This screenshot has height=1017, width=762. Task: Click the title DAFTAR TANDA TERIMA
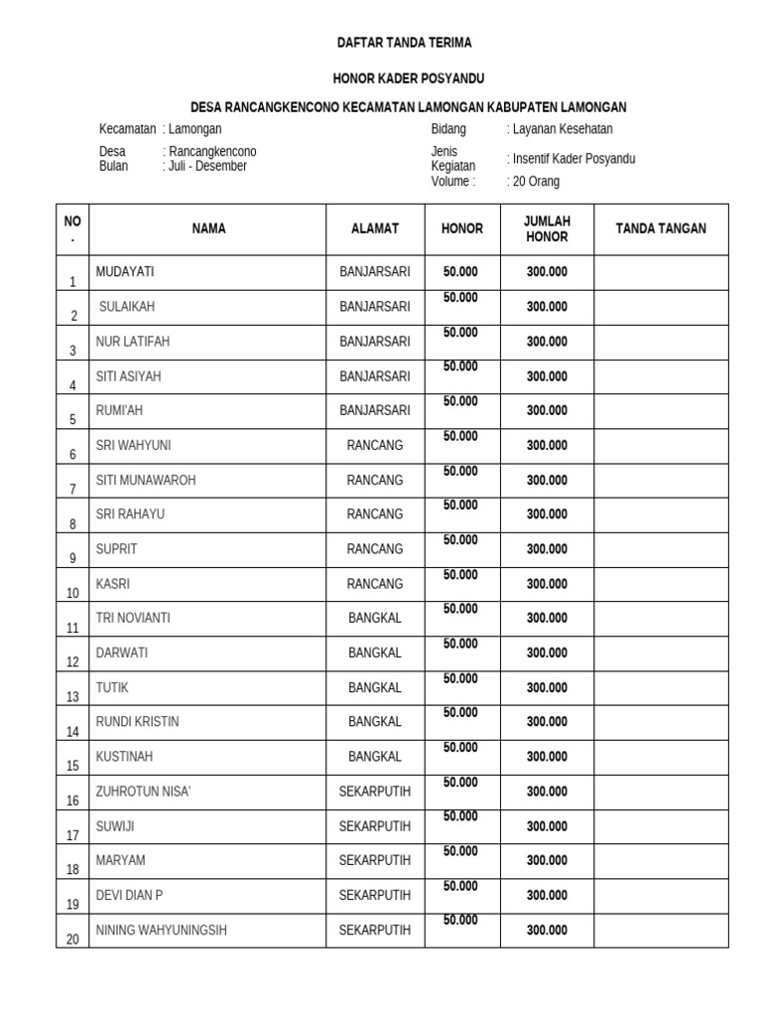[404, 43]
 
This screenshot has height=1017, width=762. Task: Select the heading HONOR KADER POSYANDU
[408, 78]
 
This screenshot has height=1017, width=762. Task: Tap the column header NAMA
[208, 228]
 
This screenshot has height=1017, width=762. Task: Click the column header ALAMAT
[375, 228]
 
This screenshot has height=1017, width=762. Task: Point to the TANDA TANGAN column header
[661, 228]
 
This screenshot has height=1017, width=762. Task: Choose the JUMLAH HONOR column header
[547, 228]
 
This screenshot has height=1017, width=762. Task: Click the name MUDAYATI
[125, 271]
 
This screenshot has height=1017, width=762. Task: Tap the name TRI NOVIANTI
[133, 618]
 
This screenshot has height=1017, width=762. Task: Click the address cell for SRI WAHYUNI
[375, 445]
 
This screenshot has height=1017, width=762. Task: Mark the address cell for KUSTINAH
[375, 757]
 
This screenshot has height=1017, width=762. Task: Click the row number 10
[72, 593]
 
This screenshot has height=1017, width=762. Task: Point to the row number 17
[72, 835]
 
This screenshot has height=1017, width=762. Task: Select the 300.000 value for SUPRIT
[547, 549]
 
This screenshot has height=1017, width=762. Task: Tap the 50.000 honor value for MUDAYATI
[460, 271]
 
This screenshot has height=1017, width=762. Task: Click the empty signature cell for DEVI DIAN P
[661, 896]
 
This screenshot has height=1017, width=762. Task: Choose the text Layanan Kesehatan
[563, 129]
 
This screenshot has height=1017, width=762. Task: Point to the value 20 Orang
[537, 182]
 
